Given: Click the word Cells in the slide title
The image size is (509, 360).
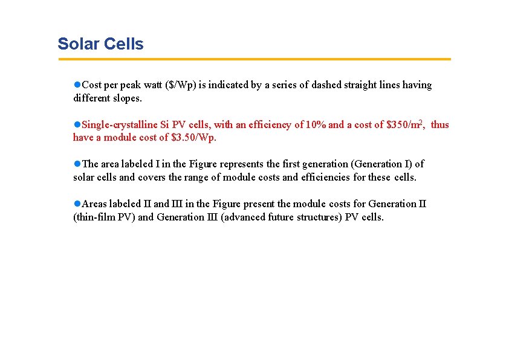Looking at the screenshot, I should click(x=124, y=44).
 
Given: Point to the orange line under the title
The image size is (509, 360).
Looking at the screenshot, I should click(x=254, y=59).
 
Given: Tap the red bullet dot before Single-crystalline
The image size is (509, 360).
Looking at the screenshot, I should click(x=77, y=124).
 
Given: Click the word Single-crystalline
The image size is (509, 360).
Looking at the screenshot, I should click(x=120, y=125).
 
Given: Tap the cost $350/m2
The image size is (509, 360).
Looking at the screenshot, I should click(x=403, y=125).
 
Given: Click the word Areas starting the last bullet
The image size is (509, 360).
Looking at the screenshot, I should click(x=94, y=204).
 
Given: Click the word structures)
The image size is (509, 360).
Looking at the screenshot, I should click(x=318, y=217).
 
